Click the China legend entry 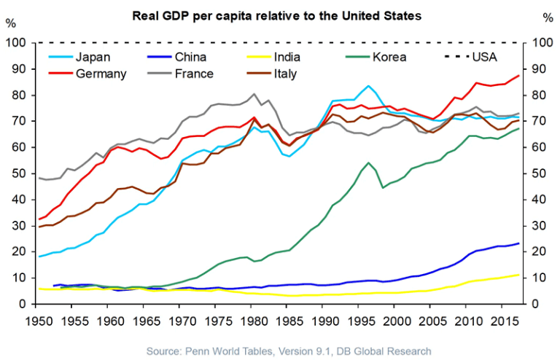[x=189, y=56]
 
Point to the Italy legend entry [x=292, y=73]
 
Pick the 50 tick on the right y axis [x=540, y=174]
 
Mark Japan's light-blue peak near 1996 [x=369, y=86]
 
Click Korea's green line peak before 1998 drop [x=369, y=163]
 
